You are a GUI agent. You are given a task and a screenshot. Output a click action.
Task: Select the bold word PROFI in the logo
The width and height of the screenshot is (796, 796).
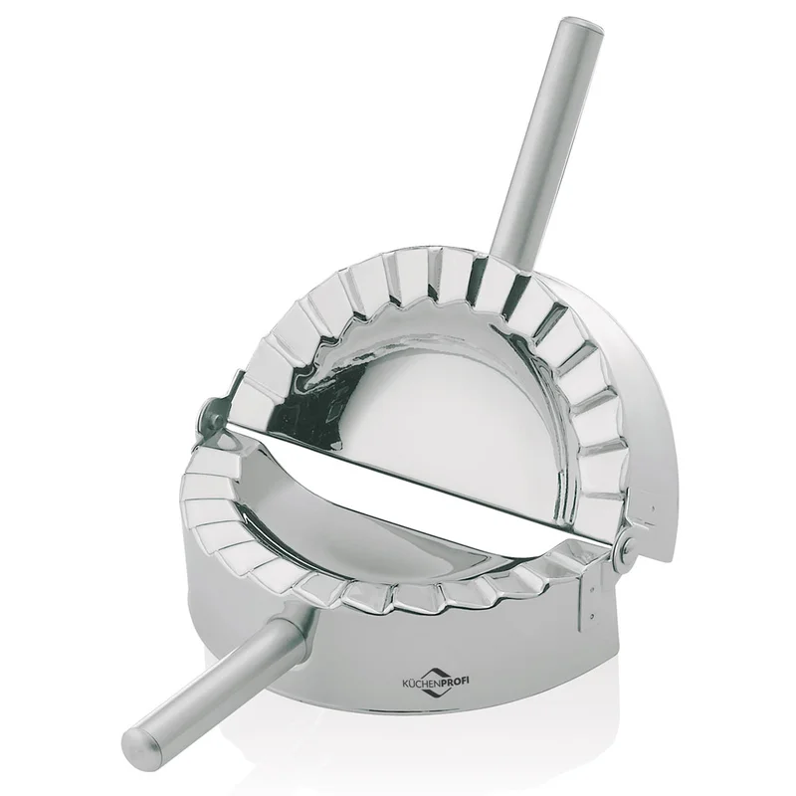click(x=455, y=682)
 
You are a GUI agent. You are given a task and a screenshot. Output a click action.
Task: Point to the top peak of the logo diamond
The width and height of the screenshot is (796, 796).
click(x=433, y=666)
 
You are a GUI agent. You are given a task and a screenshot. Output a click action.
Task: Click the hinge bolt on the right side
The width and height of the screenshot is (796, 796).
click(x=628, y=545)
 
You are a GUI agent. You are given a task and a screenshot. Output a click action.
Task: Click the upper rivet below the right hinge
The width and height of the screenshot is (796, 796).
click(x=592, y=590)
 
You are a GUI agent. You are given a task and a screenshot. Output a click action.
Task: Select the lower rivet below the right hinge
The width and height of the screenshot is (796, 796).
click(x=592, y=616)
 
